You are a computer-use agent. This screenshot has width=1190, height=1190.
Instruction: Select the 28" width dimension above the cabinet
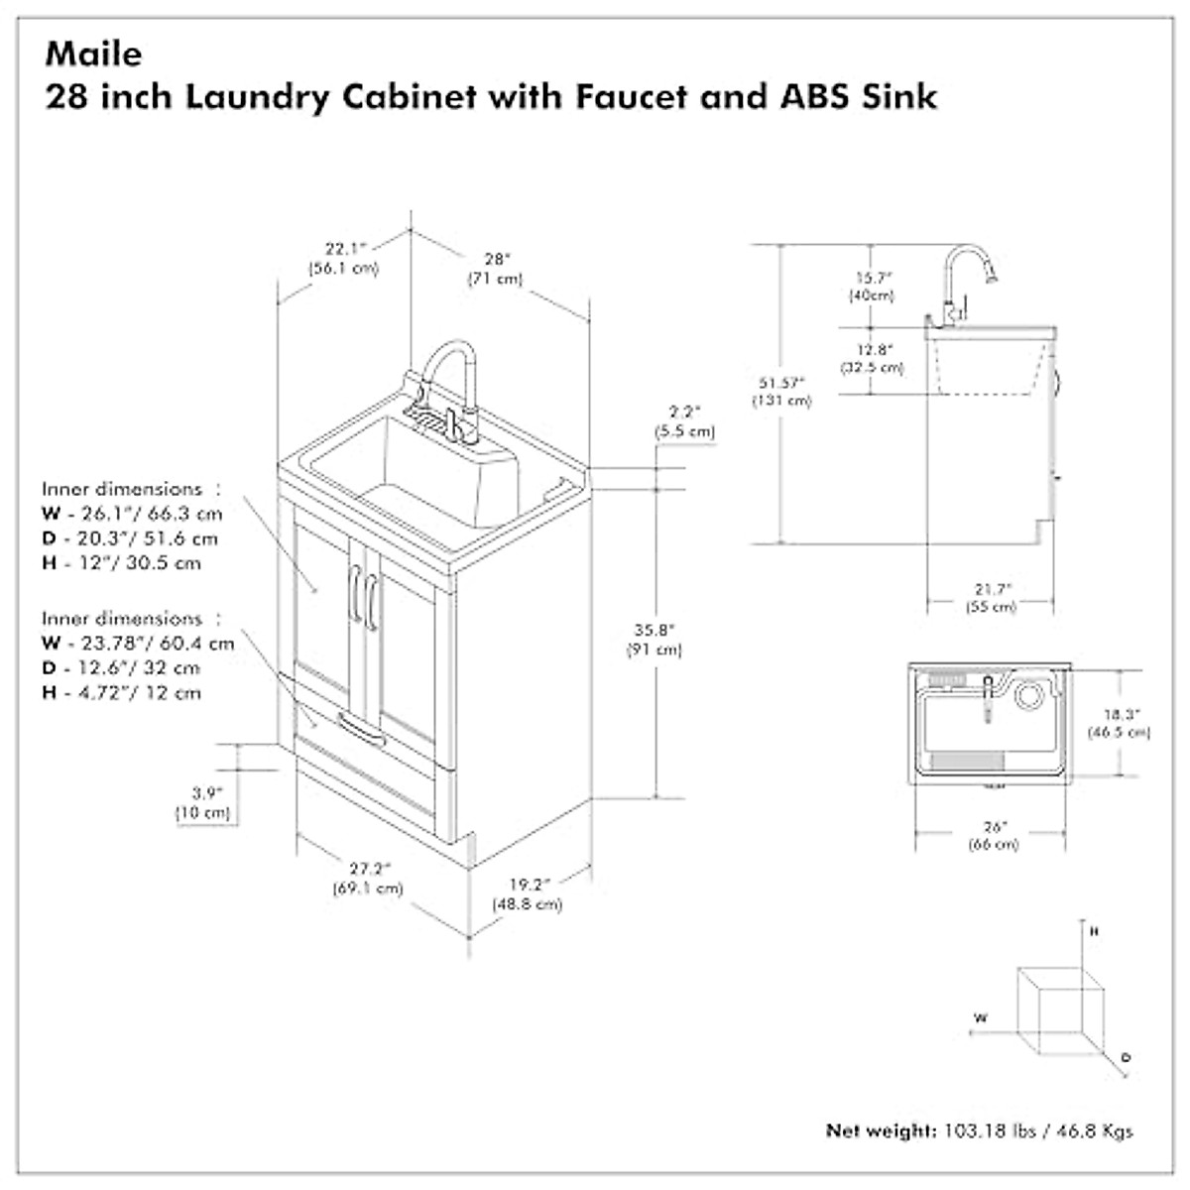click(495, 260)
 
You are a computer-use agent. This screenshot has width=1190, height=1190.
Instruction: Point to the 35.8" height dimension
click(654, 630)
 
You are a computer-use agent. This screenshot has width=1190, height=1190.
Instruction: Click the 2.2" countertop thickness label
click(684, 412)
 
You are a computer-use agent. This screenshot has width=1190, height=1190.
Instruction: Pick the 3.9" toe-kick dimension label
click(205, 793)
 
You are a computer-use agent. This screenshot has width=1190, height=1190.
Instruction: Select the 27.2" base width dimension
click(368, 869)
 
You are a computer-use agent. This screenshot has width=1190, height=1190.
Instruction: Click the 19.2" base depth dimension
click(527, 885)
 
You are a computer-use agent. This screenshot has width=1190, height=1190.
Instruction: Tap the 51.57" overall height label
click(781, 382)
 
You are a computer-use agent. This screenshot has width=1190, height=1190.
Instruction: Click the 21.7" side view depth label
click(991, 589)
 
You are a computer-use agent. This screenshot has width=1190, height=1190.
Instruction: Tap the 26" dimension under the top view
click(993, 826)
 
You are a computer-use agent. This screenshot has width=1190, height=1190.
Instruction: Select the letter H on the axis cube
click(1094, 932)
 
